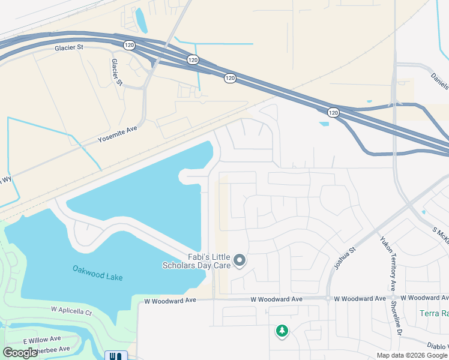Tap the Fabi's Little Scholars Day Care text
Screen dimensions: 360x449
pos(197,260)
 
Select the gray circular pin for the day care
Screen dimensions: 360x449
pos(240,260)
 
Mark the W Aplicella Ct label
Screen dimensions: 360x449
pos(71,312)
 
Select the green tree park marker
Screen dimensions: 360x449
pos(282,331)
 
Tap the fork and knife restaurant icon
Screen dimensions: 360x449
pos(116,356)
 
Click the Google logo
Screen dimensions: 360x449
pos(20,353)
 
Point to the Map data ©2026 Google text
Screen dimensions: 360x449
pos(412,355)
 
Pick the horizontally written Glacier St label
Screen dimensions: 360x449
pos(71,47)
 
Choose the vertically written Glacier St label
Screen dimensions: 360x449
pos(116,72)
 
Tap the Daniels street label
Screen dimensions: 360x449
pos(439,79)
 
